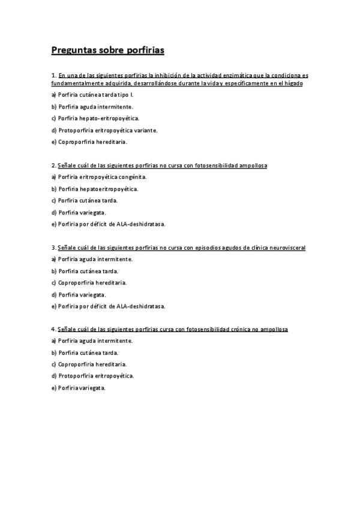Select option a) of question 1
coord(91,95)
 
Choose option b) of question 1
coord(92,107)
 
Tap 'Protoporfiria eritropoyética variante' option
coord(104,130)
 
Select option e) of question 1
coord(89,142)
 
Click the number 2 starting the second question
coord(53,165)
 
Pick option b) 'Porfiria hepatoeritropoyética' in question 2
coord(95,188)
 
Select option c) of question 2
coord(84,200)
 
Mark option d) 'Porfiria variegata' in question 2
coord(79,212)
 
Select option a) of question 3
coord(92,259)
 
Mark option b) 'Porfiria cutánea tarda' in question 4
coord(85,353)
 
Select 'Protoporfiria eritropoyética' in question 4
coord(92,376)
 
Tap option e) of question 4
coord(78,388)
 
